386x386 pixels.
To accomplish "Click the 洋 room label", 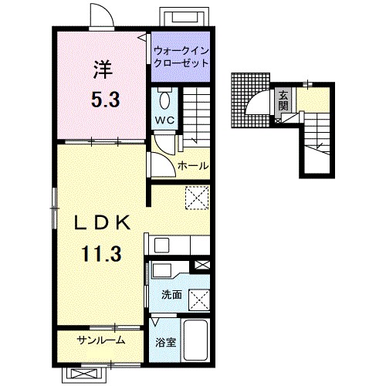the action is click(103, 69).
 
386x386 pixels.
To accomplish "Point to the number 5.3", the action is click(106, 100).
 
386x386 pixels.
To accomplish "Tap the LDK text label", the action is click(102, 223).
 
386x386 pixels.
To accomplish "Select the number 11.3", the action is click(101, 253).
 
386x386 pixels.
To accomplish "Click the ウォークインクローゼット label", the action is click(181, 57).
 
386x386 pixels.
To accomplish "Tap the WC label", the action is click(164, 120).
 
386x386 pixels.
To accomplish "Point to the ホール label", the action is click(193, 165).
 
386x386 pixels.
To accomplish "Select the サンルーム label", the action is click(101, 340).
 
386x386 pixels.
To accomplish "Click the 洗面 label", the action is click(171, 295).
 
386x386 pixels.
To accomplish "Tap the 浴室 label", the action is click(165, 343).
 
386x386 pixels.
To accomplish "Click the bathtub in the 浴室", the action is click(196, 340).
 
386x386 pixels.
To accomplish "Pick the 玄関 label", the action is click(283, 100).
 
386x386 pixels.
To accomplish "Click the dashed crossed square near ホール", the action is click(197, 198).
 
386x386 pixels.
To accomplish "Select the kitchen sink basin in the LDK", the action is click(161, 245).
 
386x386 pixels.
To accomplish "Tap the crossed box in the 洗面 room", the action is click(199, 300).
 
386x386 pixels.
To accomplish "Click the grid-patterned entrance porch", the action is click(249, 100).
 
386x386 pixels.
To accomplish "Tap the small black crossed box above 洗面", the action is click(202, 266).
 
